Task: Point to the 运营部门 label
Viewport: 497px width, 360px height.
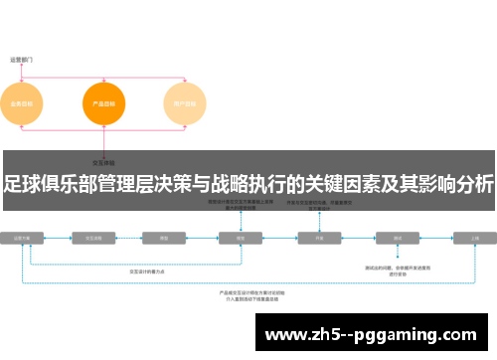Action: (x=23, y=60)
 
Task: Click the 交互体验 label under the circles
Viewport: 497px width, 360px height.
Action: (x=102, y=160)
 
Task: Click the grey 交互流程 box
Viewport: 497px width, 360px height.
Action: (x=97, y=239)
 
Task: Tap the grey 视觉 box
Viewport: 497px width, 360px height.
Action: (x=240, y=239)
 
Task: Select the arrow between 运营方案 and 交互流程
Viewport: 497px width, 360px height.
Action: (x=60, y=239)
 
